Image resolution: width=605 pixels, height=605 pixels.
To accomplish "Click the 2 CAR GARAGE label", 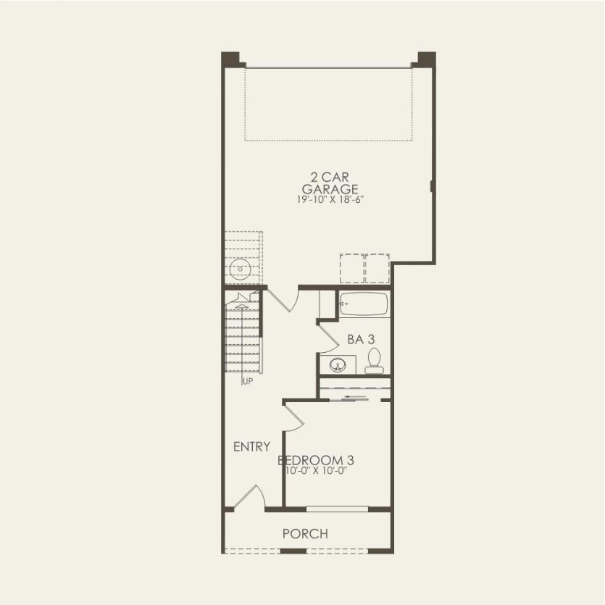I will (x=330, y=183).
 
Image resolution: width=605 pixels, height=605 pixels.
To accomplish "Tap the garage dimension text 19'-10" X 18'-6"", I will (x=330, y=199).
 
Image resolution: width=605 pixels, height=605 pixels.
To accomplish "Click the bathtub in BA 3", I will (x=364, y=304).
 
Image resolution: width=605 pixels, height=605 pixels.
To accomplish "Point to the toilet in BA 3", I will (x=374, y=360).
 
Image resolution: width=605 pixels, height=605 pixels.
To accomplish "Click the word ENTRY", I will (x=251, y=447).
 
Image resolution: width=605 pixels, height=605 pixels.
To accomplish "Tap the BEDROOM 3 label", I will (x=316, y=459).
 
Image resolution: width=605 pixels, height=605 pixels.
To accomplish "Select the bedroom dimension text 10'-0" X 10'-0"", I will (x=317, y=470).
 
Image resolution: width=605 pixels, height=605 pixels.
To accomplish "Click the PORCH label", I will (x=305, y=534).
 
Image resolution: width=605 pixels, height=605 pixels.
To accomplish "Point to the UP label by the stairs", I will (x=247, y=381).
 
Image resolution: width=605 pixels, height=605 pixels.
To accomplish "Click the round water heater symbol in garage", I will (x=239, y=271).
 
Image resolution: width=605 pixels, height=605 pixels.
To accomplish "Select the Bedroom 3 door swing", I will (x=293, y=416).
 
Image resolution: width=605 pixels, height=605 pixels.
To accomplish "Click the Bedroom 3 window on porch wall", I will (x=337, y=509).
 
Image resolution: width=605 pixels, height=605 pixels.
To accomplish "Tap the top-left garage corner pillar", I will (x=230, y=59).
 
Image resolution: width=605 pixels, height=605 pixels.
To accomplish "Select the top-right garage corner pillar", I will (x=426, y=59).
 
